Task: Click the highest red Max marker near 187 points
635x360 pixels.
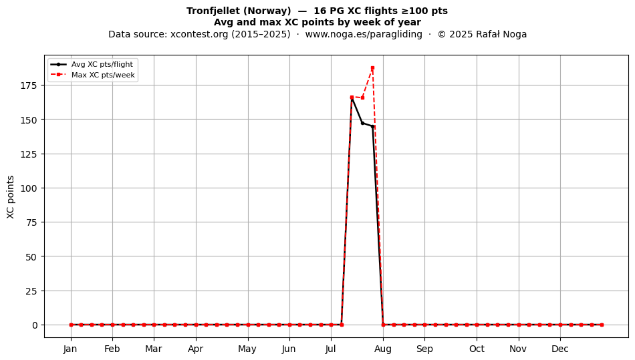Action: click(372, 68)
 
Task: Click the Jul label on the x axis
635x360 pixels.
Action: click(331, 349)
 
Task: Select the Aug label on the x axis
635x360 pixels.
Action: click(383, 349)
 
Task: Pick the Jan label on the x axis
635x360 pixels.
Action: click(71, 349)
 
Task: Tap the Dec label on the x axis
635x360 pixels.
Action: click(560, 349)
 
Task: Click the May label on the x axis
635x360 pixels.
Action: click(247, 349)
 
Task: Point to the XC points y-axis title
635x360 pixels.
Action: click(11, 197)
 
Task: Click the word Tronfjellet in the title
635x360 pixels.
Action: click(213, 11)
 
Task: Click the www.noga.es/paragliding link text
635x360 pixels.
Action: click(364, 34)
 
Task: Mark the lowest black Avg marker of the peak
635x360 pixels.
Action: click(372, 127)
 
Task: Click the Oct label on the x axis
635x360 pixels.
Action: click(477, 349)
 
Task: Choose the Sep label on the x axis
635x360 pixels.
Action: click(424, 349)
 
